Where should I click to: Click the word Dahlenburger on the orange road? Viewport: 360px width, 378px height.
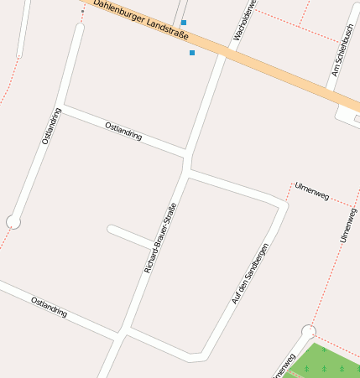pyautogui.click(x=118, y=11)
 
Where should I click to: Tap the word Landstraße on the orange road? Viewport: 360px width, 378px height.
pyautogui.click(x=166, y=29)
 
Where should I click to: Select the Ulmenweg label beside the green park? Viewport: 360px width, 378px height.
pyautogui.click(x=284, y=365)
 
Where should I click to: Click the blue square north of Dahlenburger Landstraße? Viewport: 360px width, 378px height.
pyautogui.click(x=184, y=22)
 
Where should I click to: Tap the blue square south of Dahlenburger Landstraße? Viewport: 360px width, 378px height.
pyautogui.click(x=192, y=53)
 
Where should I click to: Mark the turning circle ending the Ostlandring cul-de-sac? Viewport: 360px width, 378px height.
pyautogui.click(x=13, y=221)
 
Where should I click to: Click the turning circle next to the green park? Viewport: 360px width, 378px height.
pyautogui.click(x=309, y=331)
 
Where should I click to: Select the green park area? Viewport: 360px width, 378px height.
pyautogui.click(x=331, y=364)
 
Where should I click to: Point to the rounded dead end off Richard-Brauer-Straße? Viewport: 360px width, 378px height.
pyautogui.click(x=112, y=228)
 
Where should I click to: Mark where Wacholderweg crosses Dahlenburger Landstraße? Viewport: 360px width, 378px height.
pyautogui.click(x=226, y=51)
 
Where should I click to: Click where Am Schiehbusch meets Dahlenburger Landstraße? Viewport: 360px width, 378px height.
pyautogui.click(x=330, y=90)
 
